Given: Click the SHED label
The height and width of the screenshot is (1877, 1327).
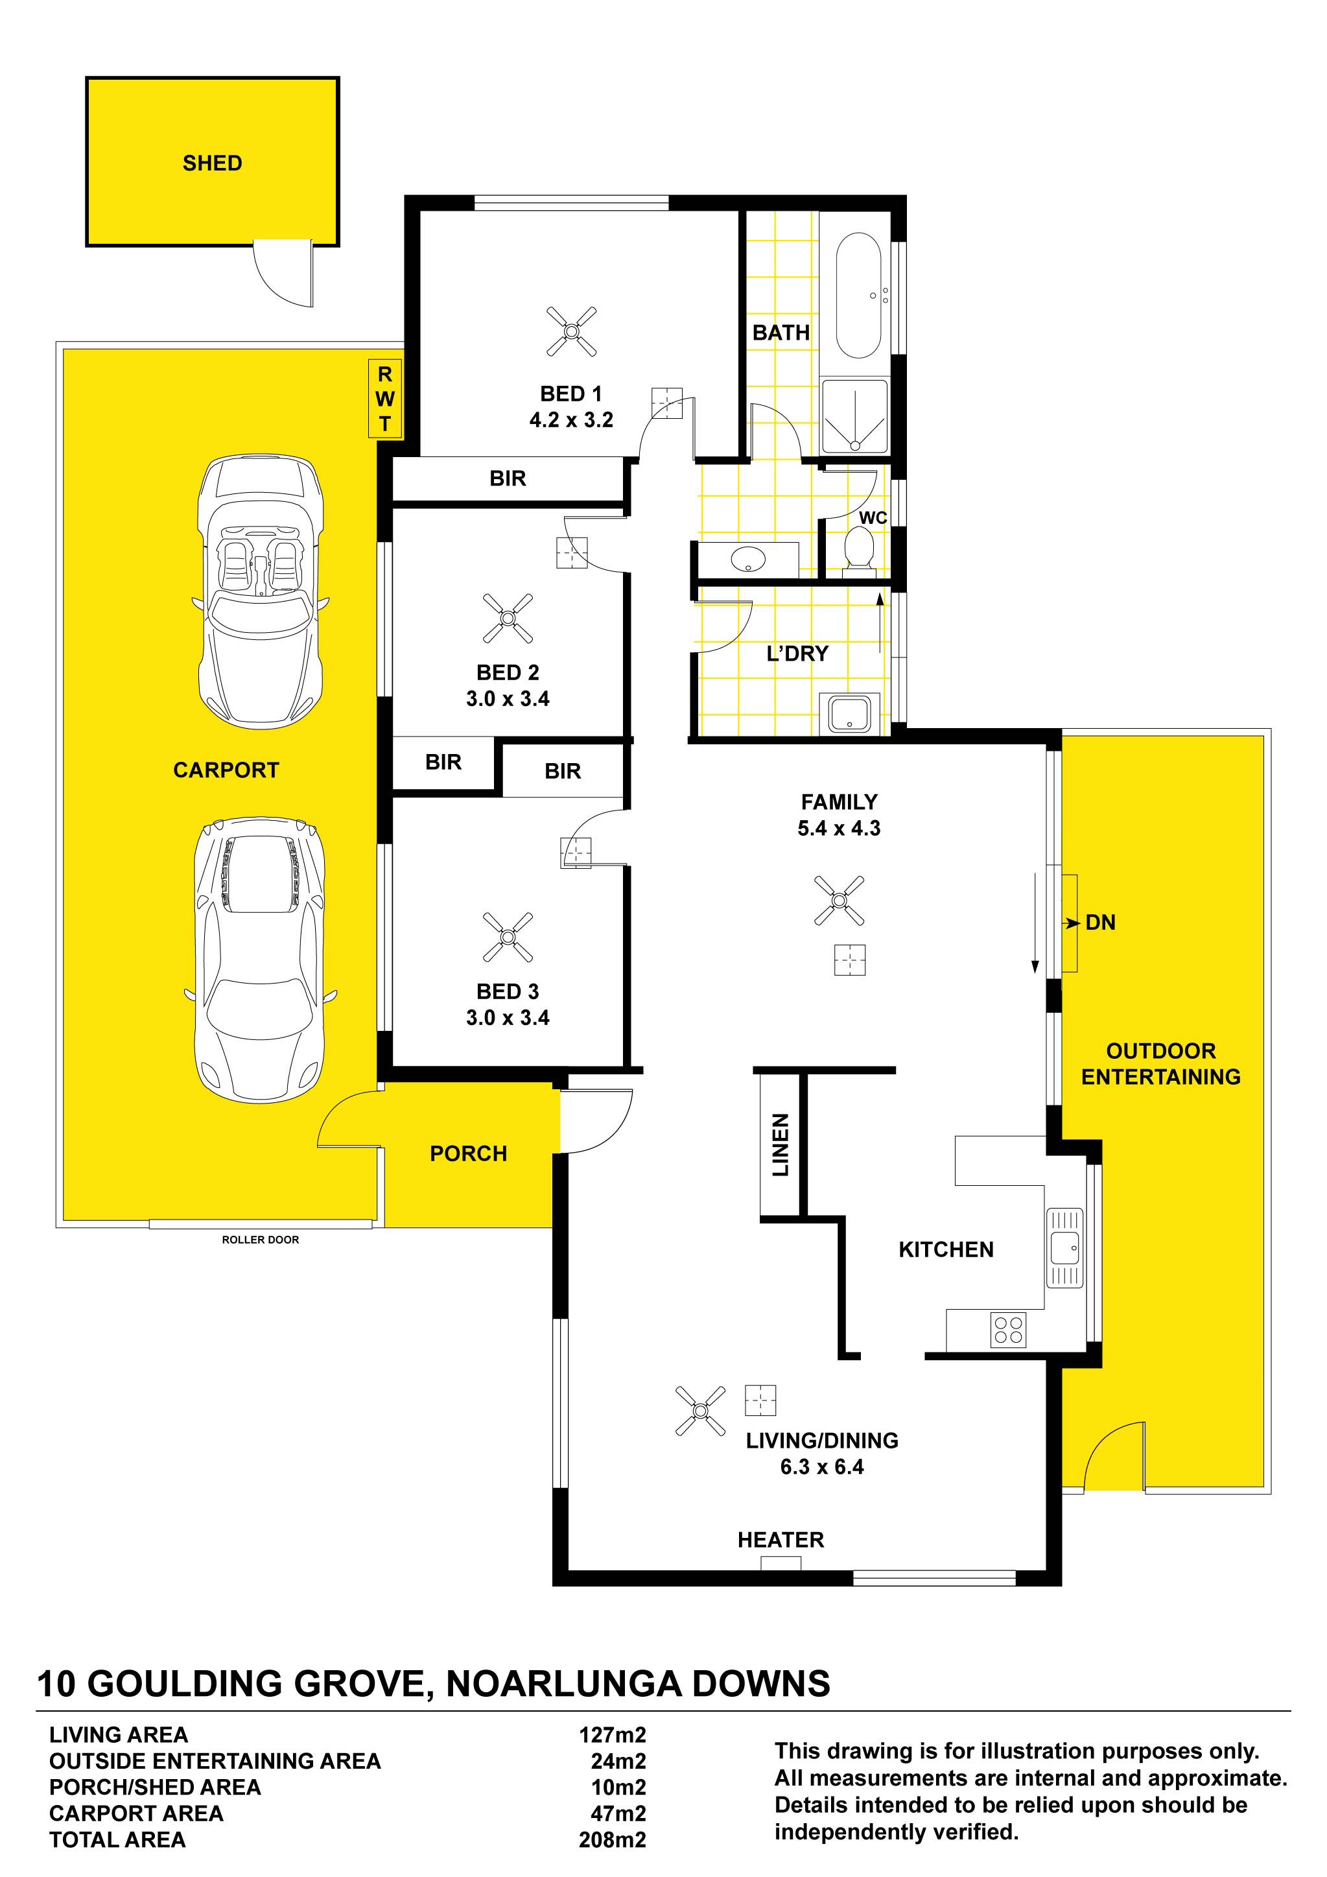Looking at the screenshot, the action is tap(213, 163).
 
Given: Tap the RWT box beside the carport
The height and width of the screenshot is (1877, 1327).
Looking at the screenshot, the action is tap(385, 398).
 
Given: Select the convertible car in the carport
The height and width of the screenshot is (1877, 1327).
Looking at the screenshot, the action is tap(261, 591).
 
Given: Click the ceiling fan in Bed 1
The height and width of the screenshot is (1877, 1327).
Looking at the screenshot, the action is tap(572, 331).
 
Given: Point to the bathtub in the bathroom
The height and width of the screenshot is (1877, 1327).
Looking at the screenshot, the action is tap(858, 295).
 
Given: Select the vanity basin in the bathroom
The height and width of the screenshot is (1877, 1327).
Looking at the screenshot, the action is tap(747, 560).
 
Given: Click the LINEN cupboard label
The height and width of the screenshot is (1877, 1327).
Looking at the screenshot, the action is tap(781, 1144).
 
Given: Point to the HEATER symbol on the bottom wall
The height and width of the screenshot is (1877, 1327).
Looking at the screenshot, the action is tap(781, 1563).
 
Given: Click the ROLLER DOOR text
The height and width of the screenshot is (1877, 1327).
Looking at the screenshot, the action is tap(261, 1240).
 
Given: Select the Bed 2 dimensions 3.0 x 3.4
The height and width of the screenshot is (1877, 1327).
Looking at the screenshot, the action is tap(508, 698).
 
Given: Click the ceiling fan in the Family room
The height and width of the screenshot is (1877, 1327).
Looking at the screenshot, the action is tap(839, 900).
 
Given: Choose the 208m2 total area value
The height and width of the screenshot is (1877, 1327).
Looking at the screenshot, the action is tap(613, 1839).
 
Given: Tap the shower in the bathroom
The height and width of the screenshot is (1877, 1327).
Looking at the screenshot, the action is tap(854, 416).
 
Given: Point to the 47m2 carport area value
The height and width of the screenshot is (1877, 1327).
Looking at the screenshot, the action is tap(618, 1813).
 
